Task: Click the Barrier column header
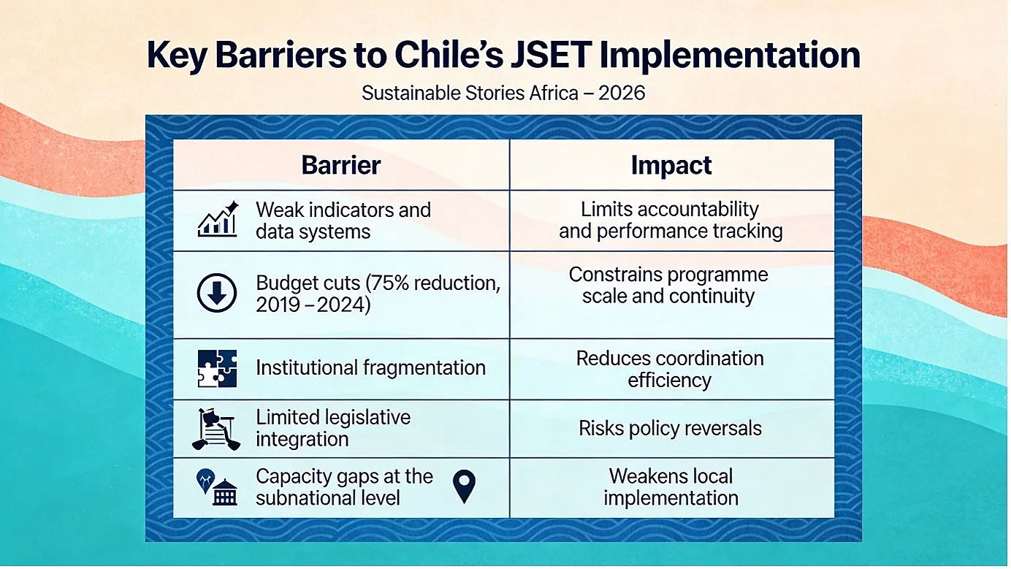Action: click(x=340, y=165)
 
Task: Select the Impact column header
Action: click(x=671, y=165)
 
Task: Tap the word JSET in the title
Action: click(x=551, y=55)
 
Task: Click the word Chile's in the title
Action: click(x=449, y=55)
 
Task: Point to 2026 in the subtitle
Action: click(x=622, y=93)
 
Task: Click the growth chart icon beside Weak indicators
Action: click(x=218, y=219)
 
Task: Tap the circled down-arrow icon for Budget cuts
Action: click(x=217, y=293)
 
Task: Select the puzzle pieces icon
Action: click(x=217, y=368)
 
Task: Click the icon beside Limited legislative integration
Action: click(x=216, y=429)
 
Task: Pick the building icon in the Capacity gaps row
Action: click(x=224, y=492)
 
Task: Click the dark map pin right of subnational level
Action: click(x=464, y=486)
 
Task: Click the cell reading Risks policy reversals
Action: click(x=671, y=428)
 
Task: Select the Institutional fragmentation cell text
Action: click(x=370, y=367)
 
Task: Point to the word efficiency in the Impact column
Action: click(x=669, y=381)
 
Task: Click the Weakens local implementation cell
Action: click(x=671, y=487)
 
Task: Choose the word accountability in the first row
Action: click(x=692, y=210)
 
